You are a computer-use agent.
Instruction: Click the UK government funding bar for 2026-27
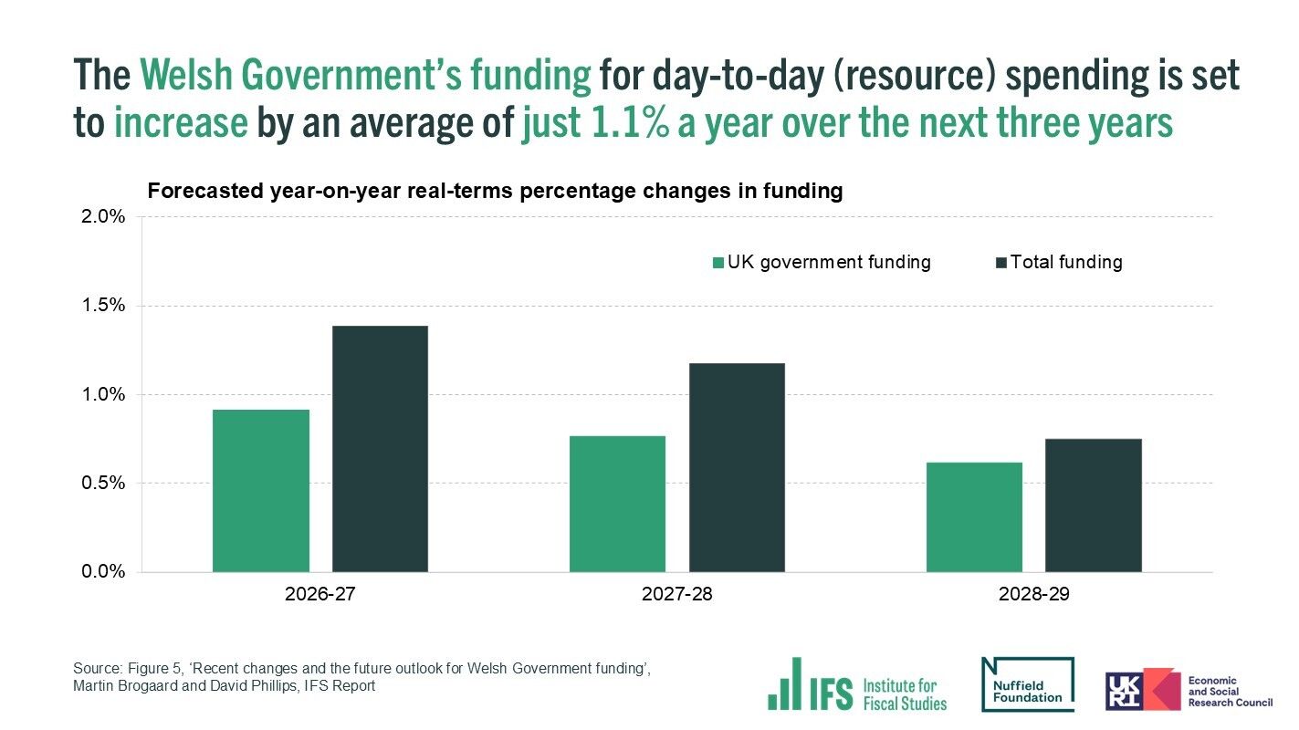click(260, 491)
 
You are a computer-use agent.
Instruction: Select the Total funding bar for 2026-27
click(380, 449)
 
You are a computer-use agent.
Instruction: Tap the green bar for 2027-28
click(617, 504)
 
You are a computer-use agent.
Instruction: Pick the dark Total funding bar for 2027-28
click(737, 467)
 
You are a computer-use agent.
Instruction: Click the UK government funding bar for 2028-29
click(974, 517)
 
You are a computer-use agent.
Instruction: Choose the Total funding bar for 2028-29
click(1093, 506)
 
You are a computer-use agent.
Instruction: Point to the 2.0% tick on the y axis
click(103, 217)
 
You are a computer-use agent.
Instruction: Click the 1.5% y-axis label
click(103, 306)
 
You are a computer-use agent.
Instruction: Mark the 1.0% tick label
click(103, 394)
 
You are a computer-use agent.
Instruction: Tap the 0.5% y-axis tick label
click(103, 484)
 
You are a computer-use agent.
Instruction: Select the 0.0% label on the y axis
click(103, 572)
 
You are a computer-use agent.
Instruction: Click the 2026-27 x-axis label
click(320, 594)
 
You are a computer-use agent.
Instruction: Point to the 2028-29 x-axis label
click(1033, 594)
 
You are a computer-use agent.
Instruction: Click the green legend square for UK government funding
click(718, 263)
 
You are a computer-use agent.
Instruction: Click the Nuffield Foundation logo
click(1027, 684)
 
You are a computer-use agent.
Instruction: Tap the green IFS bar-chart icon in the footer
click(784, 684)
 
